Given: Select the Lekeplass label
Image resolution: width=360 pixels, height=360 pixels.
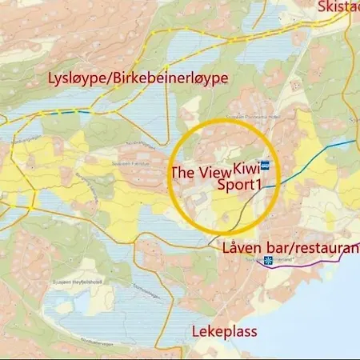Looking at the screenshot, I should (x=225, y=330).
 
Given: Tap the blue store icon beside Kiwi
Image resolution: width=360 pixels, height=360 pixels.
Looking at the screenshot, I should (x=265, y=166).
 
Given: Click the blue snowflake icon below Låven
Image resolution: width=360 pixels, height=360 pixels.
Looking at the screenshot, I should (x=269, y=260).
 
